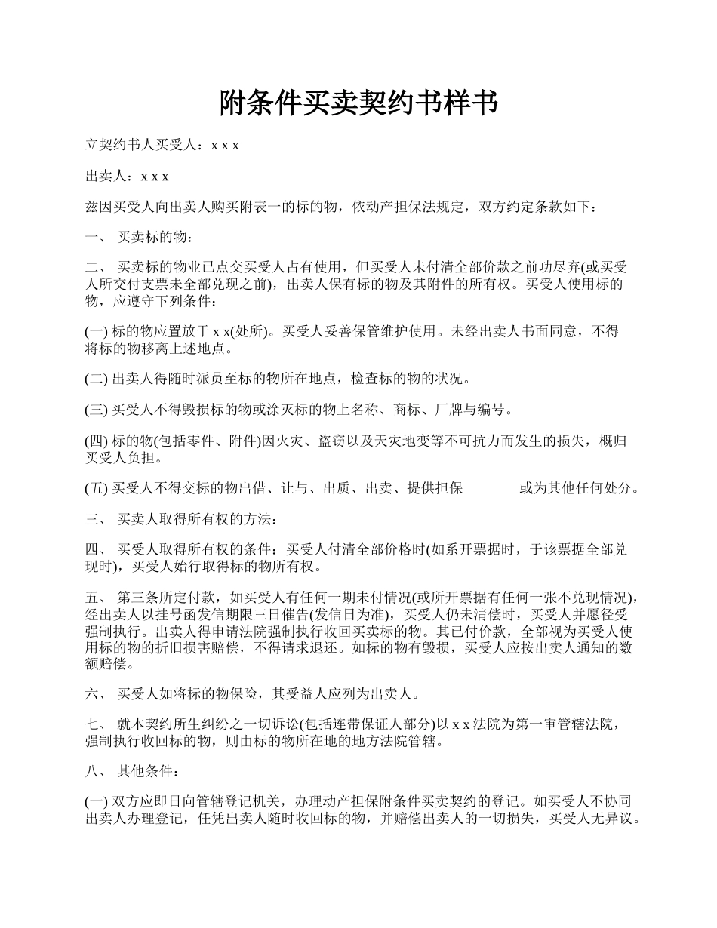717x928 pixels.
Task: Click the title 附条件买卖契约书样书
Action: point(358,103)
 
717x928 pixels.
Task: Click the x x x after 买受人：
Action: point(225,145)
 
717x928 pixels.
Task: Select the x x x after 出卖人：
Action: point(155,176)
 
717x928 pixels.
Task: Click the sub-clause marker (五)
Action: point(97,488)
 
